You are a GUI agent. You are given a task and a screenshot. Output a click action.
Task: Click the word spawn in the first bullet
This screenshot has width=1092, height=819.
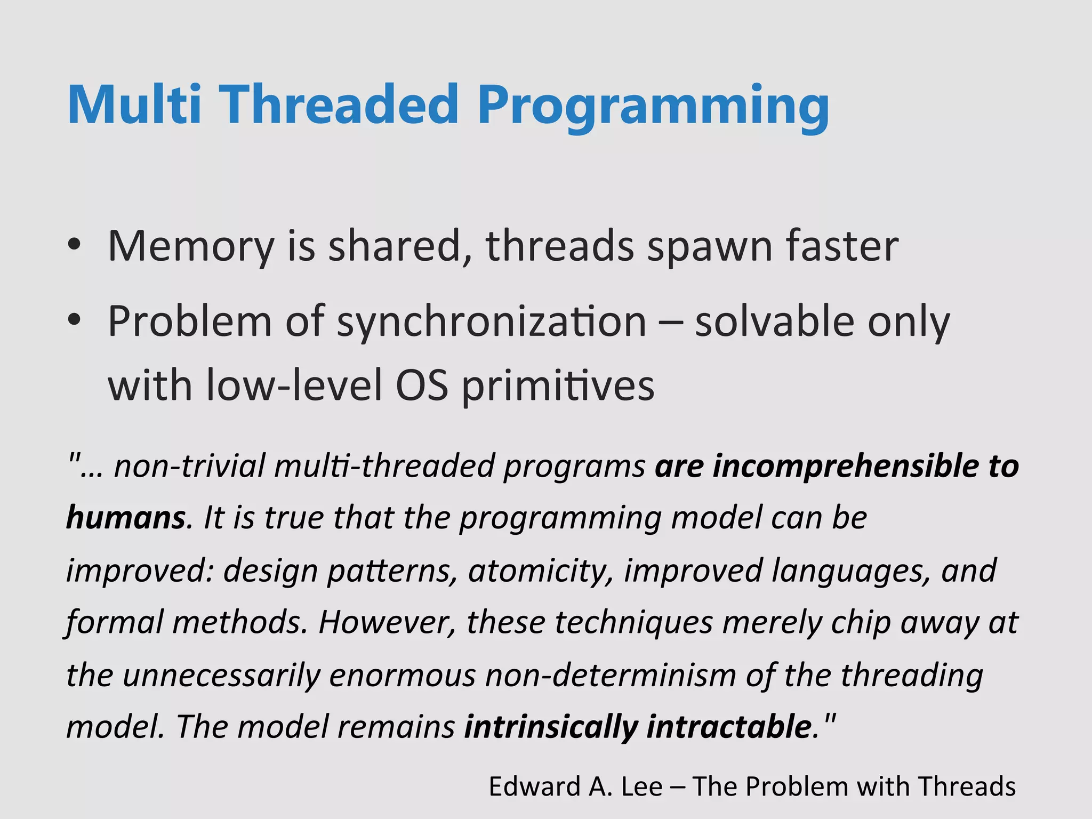(x=709, y=248)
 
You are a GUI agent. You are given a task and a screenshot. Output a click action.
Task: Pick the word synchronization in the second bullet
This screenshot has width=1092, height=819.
(x=492, y=323)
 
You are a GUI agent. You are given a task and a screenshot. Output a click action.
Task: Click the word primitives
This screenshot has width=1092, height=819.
(x=557, y=387)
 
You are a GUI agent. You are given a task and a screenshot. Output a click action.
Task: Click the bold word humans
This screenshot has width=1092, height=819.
(x=126, y=517)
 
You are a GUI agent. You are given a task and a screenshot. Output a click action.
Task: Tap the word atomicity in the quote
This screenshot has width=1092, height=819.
(x=541, y=571)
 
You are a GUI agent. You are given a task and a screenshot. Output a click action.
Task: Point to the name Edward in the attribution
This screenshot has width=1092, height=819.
(x=535, y=786)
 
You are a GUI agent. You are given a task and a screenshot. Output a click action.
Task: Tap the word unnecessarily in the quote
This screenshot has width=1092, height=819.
(x=221, y=675)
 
